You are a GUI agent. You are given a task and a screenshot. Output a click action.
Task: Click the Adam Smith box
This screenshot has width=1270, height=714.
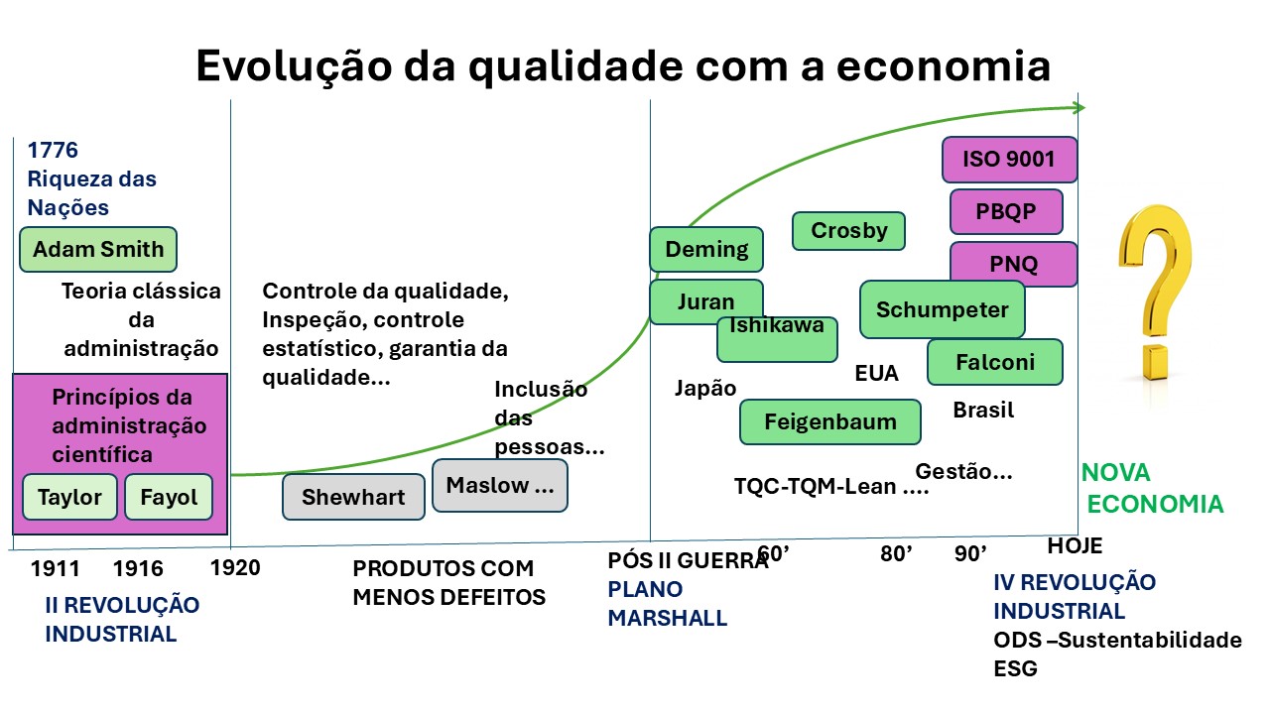tap(98, 249)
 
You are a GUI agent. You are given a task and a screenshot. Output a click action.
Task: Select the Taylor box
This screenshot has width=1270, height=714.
tap(69, 497)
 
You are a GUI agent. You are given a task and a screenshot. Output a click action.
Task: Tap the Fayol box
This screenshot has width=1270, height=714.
tap(169, 497)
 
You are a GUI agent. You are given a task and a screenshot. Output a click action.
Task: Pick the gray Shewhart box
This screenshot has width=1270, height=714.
tap(353, 497)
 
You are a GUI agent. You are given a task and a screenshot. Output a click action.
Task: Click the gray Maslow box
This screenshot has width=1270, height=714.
tap(499, 486)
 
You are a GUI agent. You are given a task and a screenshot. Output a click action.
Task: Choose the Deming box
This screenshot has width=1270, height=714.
tap(706, 249)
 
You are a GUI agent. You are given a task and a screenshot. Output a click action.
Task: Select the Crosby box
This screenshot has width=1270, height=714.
tap(848, 231)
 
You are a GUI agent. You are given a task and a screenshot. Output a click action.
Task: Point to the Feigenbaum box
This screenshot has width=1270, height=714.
tap(830, 421)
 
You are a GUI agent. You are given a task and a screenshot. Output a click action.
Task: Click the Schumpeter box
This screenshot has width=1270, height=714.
tap(943, 309)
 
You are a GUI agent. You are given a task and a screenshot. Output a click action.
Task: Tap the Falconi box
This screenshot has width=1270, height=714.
tap(995, 362)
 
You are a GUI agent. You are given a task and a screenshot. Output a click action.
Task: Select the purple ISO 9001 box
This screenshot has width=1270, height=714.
tap(1009, 160)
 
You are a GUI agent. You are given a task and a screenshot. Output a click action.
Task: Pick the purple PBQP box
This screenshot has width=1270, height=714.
tap(1006, 211)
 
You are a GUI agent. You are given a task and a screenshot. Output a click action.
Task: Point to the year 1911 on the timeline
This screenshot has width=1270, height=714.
tap(55, 568)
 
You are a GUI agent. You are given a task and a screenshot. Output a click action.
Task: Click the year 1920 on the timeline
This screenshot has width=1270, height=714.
tap(235, 567)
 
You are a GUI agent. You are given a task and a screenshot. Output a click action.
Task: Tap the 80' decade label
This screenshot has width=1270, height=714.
tap(896, 553)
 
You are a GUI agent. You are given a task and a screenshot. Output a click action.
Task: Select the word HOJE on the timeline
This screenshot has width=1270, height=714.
tap(1075, 545)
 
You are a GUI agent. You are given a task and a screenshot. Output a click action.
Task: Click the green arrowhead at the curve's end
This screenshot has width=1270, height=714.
tap(1079, 108)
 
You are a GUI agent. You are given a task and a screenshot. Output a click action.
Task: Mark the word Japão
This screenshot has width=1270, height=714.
tap(705, 388)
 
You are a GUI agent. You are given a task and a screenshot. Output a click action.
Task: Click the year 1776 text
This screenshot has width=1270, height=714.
tap(53, 150)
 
